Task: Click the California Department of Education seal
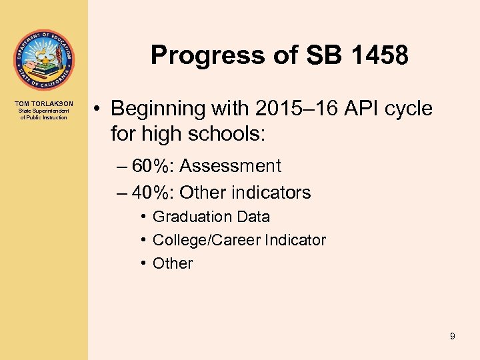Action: coord(43,60)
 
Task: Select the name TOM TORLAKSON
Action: coord(44,104)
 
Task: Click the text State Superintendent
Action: coord(44,111)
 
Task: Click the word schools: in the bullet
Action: coord(231,134)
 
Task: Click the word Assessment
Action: coord(231,166)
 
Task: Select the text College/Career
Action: coord(207,240)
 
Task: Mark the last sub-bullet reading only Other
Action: coord(173,263)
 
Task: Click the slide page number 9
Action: coord(452,336)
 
